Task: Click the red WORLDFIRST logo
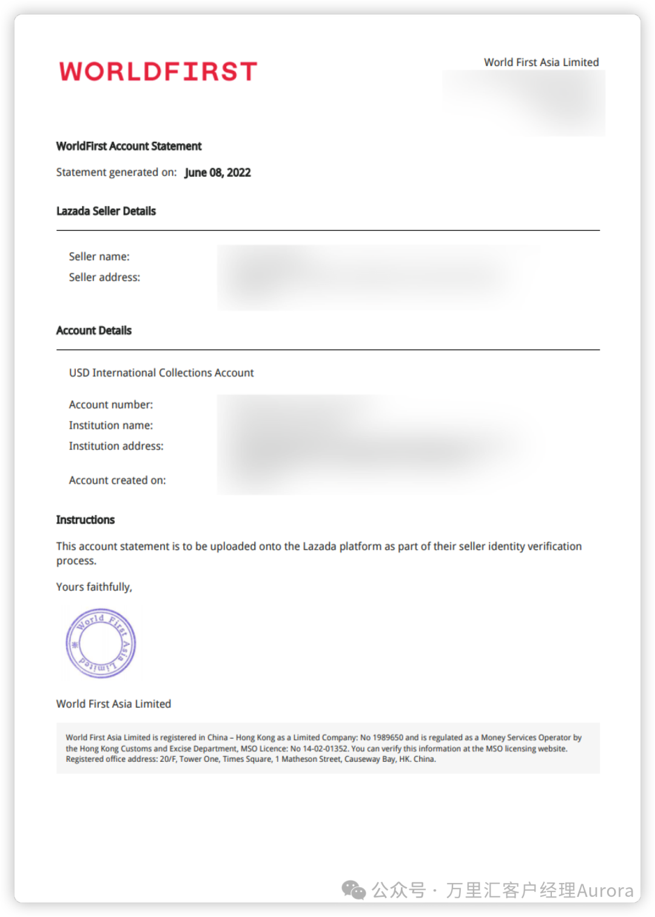click(158, 72)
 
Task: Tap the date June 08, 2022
click(218, 173)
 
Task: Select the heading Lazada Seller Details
click(106, 211)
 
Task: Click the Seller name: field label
click(99, 256)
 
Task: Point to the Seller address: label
click(104, 277)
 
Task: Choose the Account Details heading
click(94, 330)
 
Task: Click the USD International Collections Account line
click(161, 373)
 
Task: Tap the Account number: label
click(111, 404)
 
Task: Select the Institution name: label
click(111, 425)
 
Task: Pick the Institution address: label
click(116, 446)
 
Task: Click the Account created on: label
click(118, 480)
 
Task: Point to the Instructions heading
click(86, 520)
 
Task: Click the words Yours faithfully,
click(94, 587)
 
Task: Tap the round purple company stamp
click(101, 643)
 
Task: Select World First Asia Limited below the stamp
click(114, 704)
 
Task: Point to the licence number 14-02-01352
click(325, 749)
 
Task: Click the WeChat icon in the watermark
click(354, 890)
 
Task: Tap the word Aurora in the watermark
click(605, 890)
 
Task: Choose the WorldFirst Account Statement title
click(129, 146)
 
